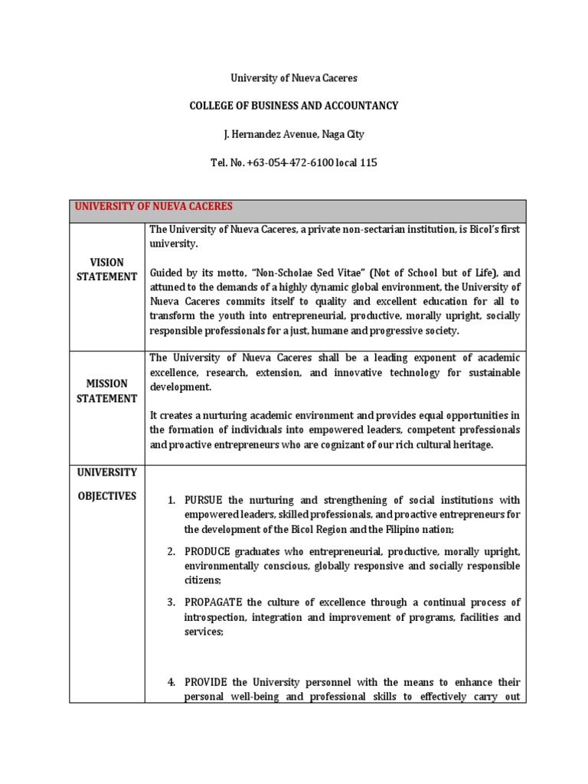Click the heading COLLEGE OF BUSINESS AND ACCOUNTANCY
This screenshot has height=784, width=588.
coord(294,106)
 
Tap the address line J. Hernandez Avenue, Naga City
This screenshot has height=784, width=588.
coord(294,134)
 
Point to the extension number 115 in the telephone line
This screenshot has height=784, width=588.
coord(367,162)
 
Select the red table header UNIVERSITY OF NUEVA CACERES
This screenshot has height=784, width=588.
coord(153,207)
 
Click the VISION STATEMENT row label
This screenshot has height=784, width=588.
coord(106,269)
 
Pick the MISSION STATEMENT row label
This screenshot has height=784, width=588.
coord(106,390)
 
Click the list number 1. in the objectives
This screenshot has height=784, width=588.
coord(172,500)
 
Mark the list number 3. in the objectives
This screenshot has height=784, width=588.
coord(172,603)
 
